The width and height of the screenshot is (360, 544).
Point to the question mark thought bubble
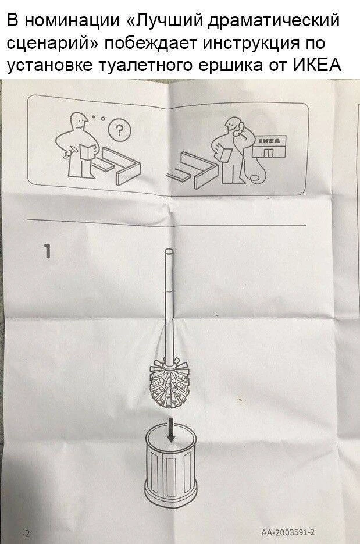tap(119, 130)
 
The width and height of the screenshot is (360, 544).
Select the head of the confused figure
tap(80, 121)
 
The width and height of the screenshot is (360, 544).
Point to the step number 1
tap(48, 251)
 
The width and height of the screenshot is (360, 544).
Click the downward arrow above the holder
tap(170, 429)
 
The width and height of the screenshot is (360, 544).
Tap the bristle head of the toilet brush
tap(169, 383)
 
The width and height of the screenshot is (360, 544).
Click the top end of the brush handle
tap(170, 251)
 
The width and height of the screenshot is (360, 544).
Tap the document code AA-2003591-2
tap(288, 532)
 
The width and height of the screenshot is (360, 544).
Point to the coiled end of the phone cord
tap(255, 178)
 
